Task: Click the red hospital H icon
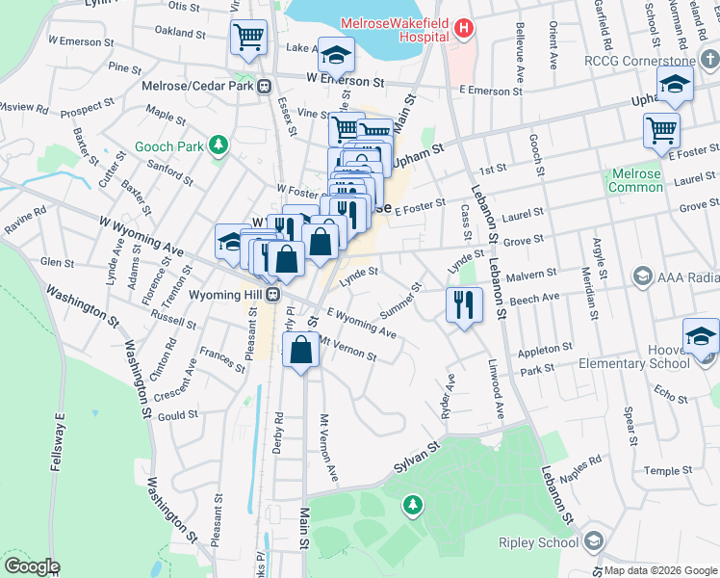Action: tap(465, 29)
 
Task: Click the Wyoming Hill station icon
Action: tap(274, 294)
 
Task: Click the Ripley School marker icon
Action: tap(593, 541)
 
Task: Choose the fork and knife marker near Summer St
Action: tap(464, 304)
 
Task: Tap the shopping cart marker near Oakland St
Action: tap(248, 38)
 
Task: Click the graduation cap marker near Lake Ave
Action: tap(336, 55)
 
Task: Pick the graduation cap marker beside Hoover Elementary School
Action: tap(701, 336)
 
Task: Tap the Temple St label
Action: tap(661, 470)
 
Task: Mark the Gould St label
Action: tap(178, 414)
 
